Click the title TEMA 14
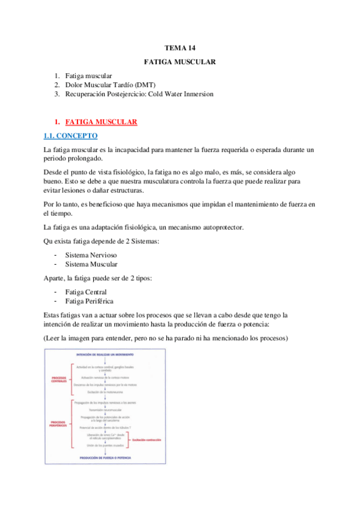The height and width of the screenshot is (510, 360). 180,48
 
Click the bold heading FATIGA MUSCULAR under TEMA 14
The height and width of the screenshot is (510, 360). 180,62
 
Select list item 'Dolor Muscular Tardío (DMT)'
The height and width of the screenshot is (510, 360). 110,85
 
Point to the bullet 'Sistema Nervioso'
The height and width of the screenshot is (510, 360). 92,255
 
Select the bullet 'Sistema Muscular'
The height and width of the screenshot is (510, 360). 91,264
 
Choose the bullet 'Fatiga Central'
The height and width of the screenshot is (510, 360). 86,292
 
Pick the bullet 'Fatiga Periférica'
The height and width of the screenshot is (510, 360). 90,301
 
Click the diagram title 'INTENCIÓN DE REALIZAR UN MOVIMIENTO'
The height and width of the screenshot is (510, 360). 106,355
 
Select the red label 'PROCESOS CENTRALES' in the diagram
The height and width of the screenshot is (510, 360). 59,380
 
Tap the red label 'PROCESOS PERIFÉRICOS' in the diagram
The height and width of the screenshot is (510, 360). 58,424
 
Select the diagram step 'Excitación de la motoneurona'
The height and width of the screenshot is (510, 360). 106,392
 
